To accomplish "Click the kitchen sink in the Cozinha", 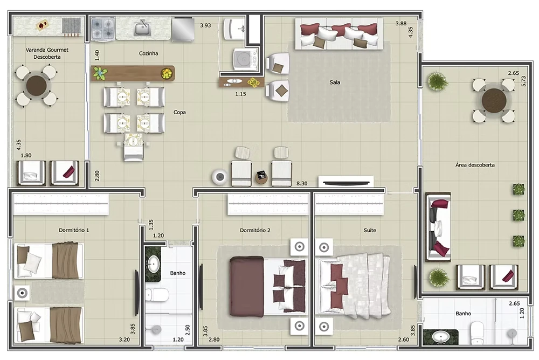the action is (x=143, y=27).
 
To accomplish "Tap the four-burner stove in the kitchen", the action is (x=103, y=28).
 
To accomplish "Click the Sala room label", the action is (x=335, y=82).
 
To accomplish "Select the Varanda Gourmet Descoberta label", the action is (x=47, y=53).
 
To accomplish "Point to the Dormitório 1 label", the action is (x=74, y=230).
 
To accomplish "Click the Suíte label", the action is (x=370, y=230).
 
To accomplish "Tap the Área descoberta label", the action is (x=475, y=165).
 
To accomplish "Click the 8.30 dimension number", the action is (x=302, y=183).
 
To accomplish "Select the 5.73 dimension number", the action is (x=523, y=81).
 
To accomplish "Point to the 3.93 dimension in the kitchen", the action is (x=205, y=25).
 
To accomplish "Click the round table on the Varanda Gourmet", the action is (x=36, y=86).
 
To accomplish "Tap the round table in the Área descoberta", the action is (x=494, y=101).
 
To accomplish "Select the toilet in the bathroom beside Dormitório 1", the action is (x=157, y=295).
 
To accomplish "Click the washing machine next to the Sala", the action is (x=245, y=58).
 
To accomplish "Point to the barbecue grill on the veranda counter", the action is (x=72, y=26).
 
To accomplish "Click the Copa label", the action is (x=179, y=112).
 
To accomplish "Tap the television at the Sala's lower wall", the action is (x=346, y=181).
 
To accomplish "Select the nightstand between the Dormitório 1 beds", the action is (x=22, y=293).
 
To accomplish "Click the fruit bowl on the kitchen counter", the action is (x=167, y=73).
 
